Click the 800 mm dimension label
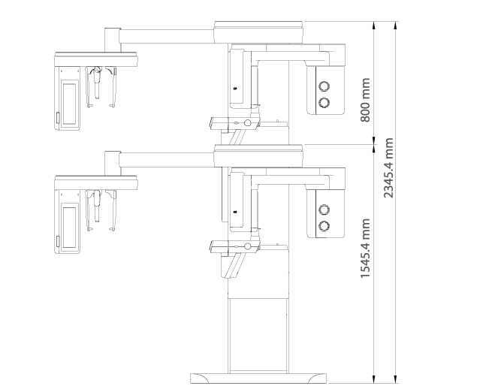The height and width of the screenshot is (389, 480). point(366,99)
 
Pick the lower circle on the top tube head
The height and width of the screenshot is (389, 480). point(325,102)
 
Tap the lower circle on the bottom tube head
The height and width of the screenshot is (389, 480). point(325,225)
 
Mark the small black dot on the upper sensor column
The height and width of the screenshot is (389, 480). point(234,89)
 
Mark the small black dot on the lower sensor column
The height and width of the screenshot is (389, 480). point(234,212)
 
